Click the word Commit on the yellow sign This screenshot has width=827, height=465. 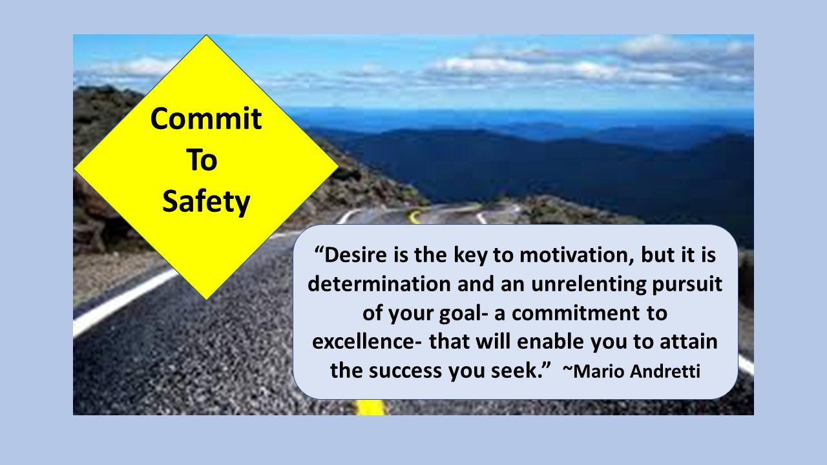pyautogui.click(x=206, y=118)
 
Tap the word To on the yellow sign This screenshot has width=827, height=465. pyautogui.click(x=202, y=160)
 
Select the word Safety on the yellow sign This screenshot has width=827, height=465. pyautogui.click(x=206, y=202)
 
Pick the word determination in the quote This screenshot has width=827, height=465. pyautogui.click(x=379, y=284)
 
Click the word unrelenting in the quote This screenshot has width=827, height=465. pyautogui.click(x=589, y=284)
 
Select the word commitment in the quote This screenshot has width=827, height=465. pyautogui.click(x=576, y=313)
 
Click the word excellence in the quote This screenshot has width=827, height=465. pyautogui.click(x=363, y=342)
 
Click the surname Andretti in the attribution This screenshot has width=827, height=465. pyautogui.click(x=665, y=371)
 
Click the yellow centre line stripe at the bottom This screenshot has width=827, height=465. pyautogui.click(x=371, y=407)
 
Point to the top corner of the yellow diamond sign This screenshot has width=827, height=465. pyautogui.click(x=206, y=35)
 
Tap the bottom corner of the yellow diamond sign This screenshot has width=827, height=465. pyautogui.click(x=206, y=299)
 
